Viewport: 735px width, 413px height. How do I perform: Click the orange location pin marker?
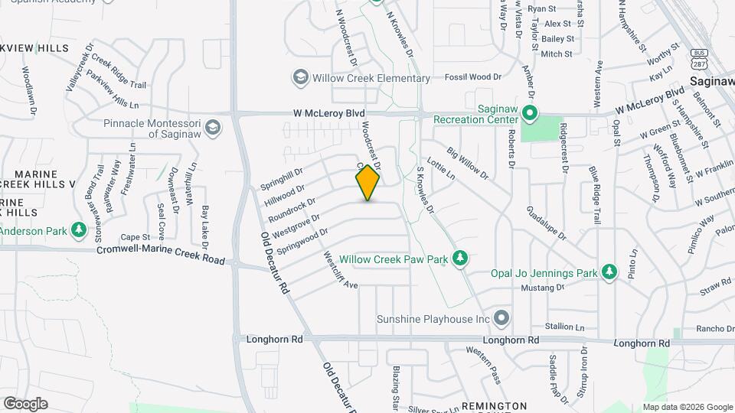368,182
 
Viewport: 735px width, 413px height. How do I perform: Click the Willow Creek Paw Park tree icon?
459,259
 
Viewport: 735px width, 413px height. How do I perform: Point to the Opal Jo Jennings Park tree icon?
609,272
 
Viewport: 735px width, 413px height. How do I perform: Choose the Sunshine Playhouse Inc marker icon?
501,317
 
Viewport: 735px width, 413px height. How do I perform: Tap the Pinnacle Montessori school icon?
213,128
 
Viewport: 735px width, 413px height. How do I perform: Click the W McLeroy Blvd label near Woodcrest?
328,113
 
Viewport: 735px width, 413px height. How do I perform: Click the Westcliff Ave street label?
341,269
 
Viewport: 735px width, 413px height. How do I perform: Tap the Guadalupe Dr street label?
546,224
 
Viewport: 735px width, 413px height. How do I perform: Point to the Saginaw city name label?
712,80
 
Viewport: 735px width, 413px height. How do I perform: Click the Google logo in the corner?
25,403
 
